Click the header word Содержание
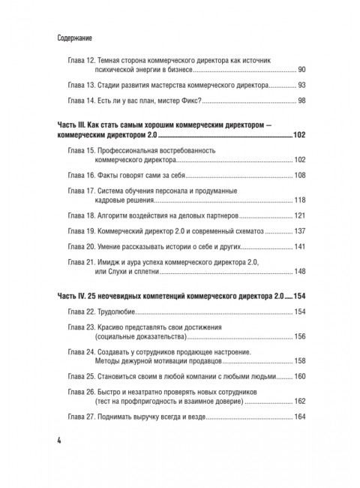click(77, 36)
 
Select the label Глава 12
click(79, 59)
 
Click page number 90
click(301, 69)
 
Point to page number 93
click(301, 86)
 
